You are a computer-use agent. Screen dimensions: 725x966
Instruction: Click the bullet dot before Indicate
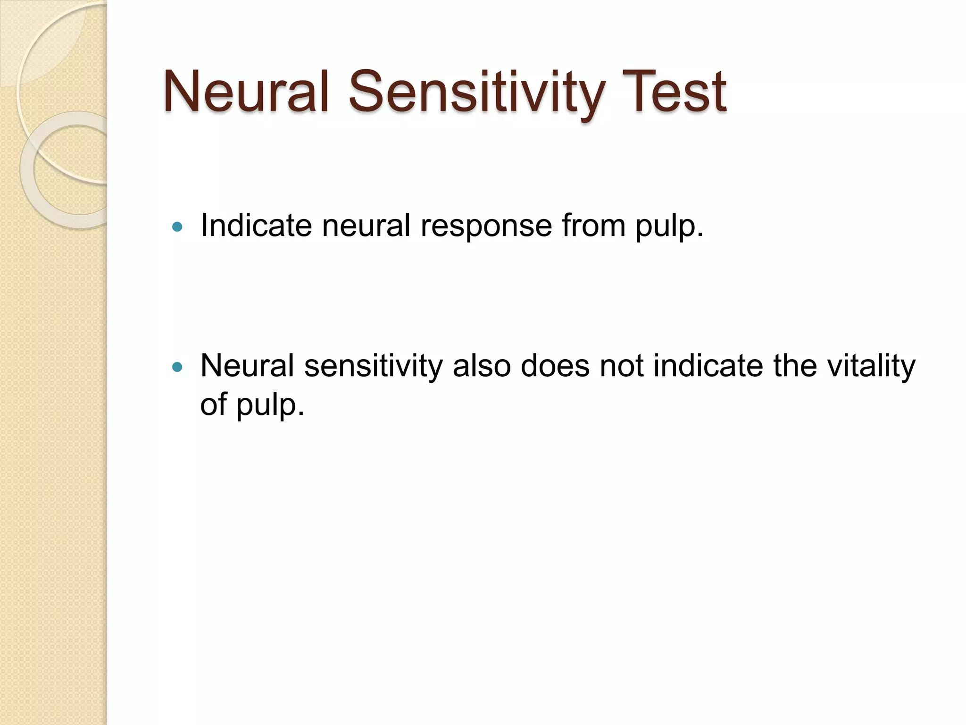click(x=177, y=227)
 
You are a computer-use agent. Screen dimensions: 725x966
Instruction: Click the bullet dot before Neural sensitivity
click(x=177, y=367)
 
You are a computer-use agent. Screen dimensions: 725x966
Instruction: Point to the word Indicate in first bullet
click(x=256, y=225)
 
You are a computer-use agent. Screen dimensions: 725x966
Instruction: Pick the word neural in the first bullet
click(x=366, y=225)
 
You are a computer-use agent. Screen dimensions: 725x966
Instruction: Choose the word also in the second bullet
click(x=482, y=365)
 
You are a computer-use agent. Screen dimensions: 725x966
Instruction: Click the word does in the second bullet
click(x=555, y=365)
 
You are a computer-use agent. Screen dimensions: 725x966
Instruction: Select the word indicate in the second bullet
click(x=708, y=365)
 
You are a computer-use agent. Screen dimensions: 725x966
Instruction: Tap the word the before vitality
click(x=795, y=365)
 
